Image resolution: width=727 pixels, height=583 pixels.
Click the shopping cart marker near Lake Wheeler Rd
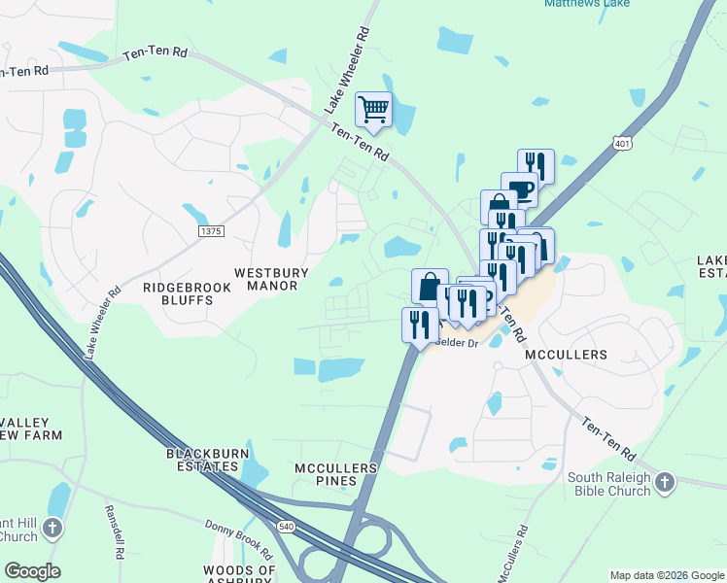point(374,111)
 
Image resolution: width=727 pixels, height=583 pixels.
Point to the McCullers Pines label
point(335,475)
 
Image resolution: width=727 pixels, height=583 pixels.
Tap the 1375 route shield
point(210,231)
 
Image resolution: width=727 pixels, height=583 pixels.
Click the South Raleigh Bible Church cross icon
point(664,483)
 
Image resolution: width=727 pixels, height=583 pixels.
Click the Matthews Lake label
point(586,4)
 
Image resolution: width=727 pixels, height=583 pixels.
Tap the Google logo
point(32,571)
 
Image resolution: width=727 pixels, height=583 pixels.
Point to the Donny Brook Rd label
point(233,535)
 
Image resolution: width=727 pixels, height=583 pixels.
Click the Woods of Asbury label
point(239,575)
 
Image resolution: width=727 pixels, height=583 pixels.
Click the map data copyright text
point(665,575)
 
